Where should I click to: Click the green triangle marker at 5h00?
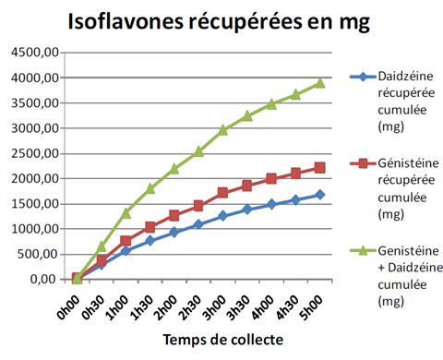(x=319, y=83)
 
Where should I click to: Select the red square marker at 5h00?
(x=319, y=168)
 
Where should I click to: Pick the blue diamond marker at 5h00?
(x=319, y=195)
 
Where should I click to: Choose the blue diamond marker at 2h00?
(x=174, y=232)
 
